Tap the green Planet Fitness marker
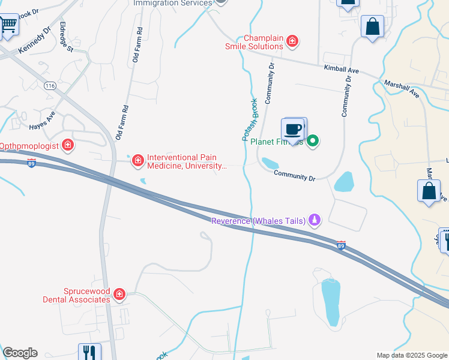pyautogui.click(x=312, y=142)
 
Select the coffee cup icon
pyautogui.click(x=294, y=129)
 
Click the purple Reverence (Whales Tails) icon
pyautogui.click(x=313, y=220)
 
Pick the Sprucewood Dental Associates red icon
pyautogui.click(x=119, y=294)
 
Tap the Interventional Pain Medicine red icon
pyautogui.click(x=138, y=160)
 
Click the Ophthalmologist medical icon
pyautogui.click(x=68, y=145)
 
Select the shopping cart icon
pyautogui.click(x=8, y=25)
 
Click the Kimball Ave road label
pyautogui.click(x=341, y=70)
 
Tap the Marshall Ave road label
pyautogui.click(x=402, y=90)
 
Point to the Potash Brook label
pyautogui.click(x=250, y=119)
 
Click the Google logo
pyautogui.click(x=20, y=353)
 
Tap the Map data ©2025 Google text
pyautogui.click(x=411, y=355)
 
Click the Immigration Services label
pyautogui.click(x=172, y=3)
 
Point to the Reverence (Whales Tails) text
pyautogui.click(x=258, y=221)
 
